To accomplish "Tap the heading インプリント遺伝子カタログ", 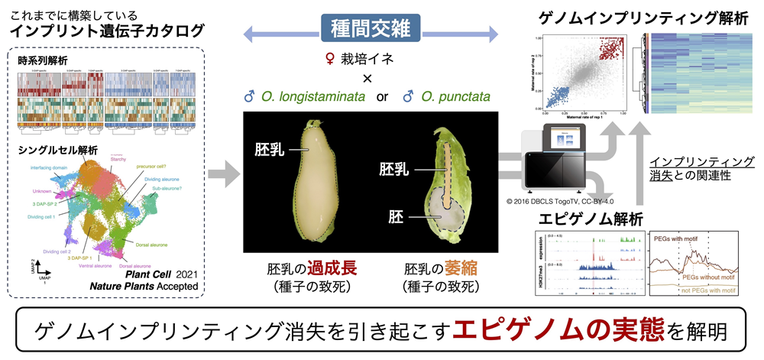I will click(107, 32).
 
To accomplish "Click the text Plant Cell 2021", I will click(164, 274).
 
